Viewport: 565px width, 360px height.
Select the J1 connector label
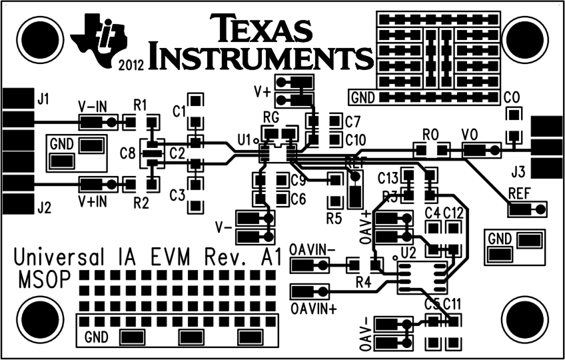click(43, 101)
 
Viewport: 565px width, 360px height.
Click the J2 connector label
click(44, 207)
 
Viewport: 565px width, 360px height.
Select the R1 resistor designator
click(141, 105)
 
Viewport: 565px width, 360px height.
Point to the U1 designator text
click(245, 140)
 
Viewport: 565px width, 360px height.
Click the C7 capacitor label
click(352, 122)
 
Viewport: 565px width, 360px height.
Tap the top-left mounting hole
click(34, 35)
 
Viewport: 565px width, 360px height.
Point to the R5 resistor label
click(334, 217)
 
